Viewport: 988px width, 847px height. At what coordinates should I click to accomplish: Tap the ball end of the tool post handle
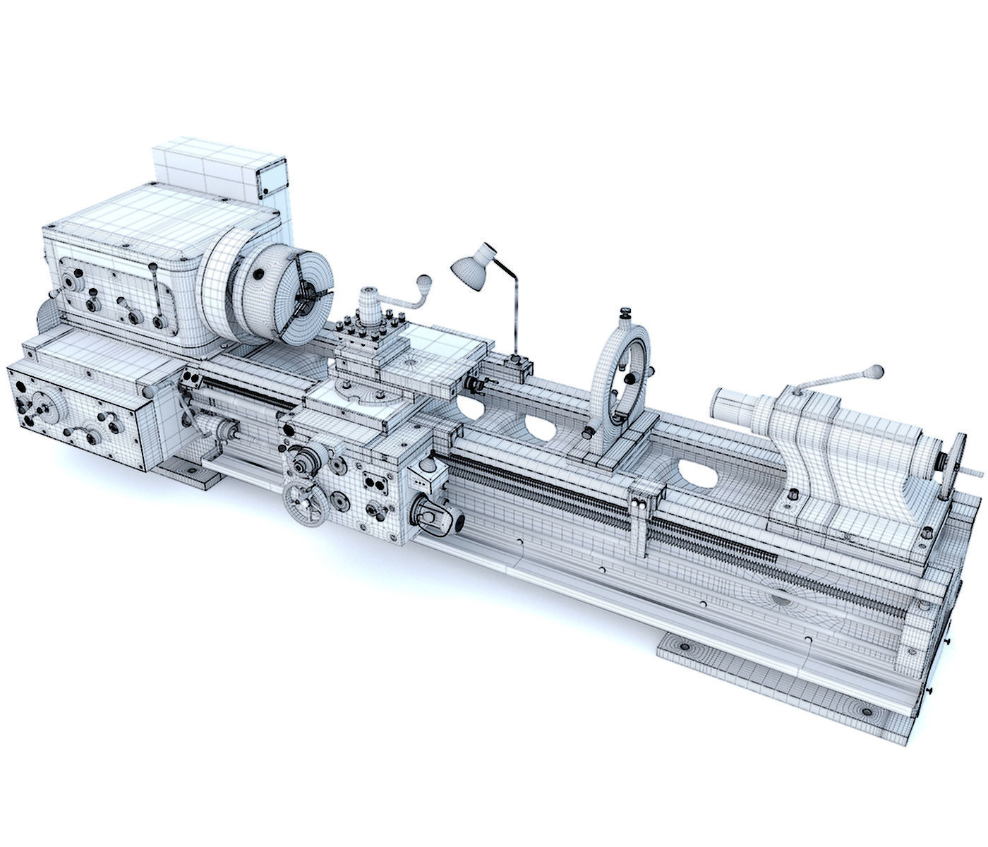coord(424,281)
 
